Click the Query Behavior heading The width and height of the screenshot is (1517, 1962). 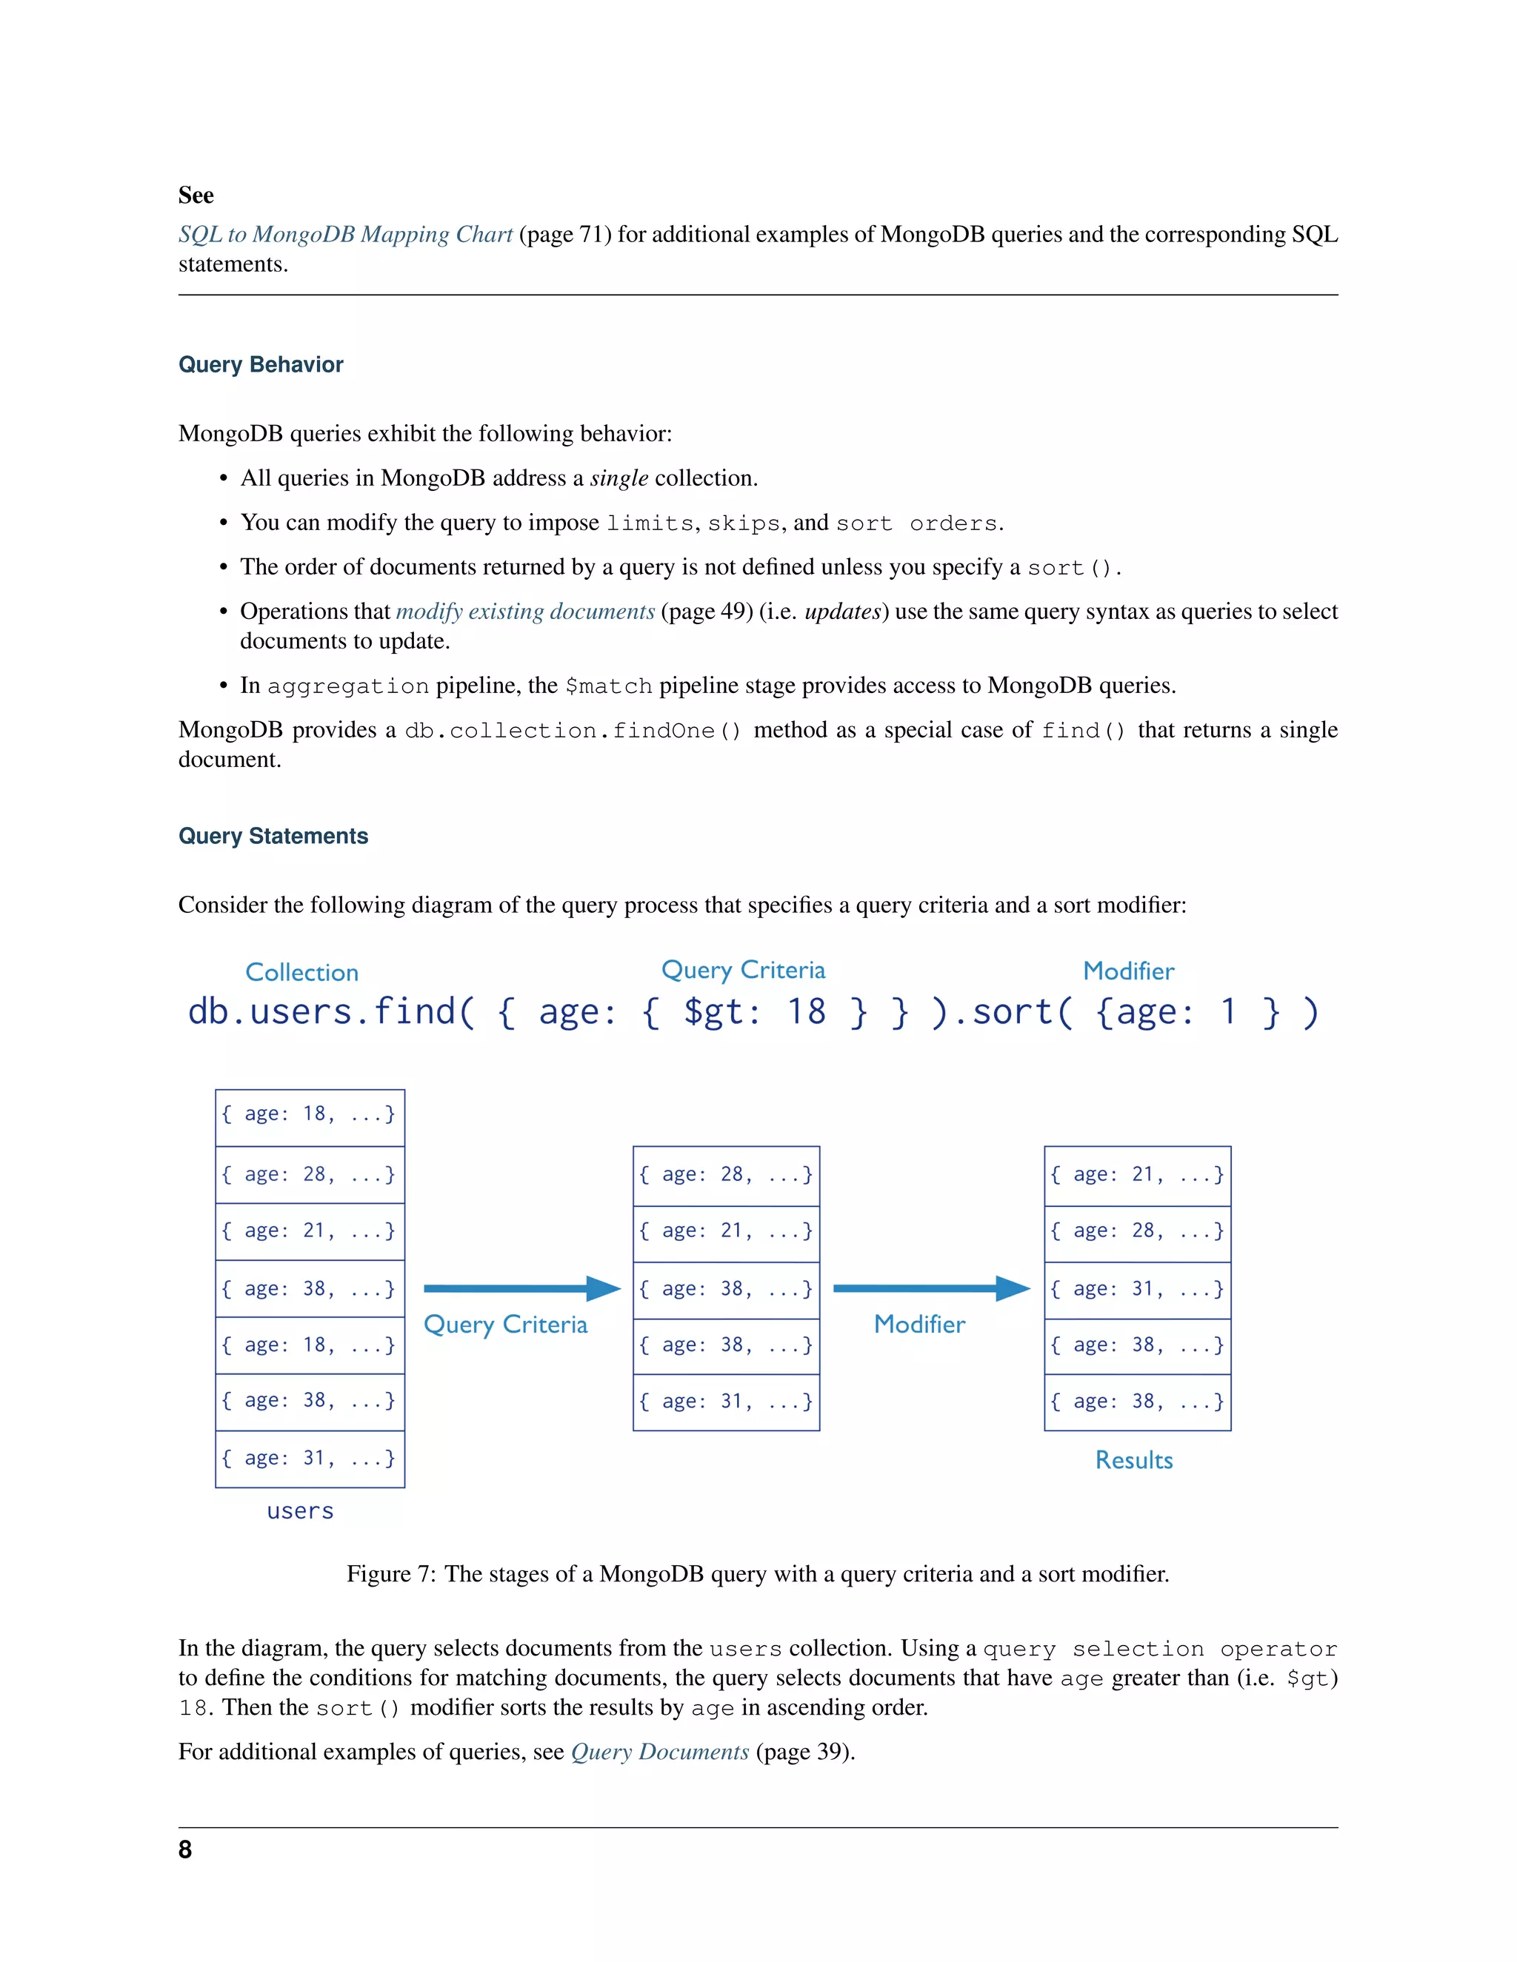coord(261,365)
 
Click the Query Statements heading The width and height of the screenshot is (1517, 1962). coord(273,837)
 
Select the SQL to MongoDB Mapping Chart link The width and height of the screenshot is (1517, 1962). coord(345,235)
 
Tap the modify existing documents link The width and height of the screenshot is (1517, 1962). coord(525,612)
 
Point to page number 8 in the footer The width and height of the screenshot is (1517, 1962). coord(185,1849)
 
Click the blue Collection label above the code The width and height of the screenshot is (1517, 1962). coord(302,972)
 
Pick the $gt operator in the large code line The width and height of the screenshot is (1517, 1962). coord(721,1012)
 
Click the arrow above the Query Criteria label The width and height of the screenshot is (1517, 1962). coord(521,1288)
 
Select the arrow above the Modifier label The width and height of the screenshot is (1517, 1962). coord(931,1288)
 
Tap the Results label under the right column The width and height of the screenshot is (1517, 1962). coord(1133,1460)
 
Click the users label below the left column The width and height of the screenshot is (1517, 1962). coord(300,1511)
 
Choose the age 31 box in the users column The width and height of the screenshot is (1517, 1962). coord(309,1458)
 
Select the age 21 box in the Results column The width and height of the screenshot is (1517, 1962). coord(1137,1175)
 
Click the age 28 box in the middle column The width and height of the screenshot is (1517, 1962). coord(726,1175)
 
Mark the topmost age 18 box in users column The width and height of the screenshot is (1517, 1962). coord(309,1115)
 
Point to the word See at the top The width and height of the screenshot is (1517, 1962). coord(196,195)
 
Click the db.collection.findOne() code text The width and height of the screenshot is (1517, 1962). coord(573,730)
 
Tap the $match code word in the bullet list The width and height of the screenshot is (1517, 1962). coord(608,686)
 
